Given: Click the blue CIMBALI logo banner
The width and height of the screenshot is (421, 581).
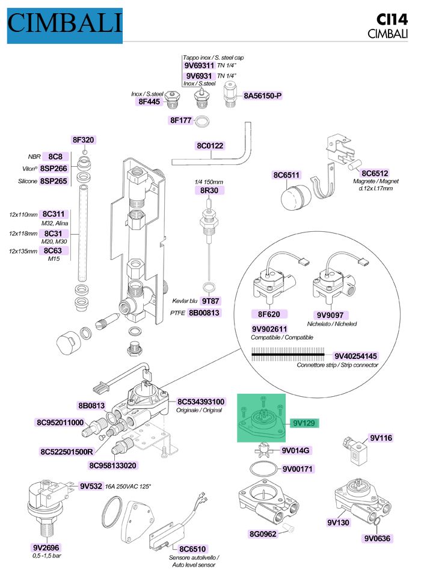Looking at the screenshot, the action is click(x=65, y=25).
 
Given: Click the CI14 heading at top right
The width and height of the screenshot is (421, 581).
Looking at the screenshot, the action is click(x=392, y=19).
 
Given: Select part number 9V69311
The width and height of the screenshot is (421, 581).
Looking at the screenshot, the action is click(x=199, y=66).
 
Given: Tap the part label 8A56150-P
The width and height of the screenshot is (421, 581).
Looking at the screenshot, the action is click(x=262, y=96).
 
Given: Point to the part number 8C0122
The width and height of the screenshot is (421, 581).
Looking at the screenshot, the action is click(x=210, y=146).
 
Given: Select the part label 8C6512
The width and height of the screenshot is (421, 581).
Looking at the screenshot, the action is click(x=375, y=173).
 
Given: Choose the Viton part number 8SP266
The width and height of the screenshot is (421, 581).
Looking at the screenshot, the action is click(x=54, y=168).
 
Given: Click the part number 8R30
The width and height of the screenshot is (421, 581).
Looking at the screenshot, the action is click(x=209, y=190).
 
